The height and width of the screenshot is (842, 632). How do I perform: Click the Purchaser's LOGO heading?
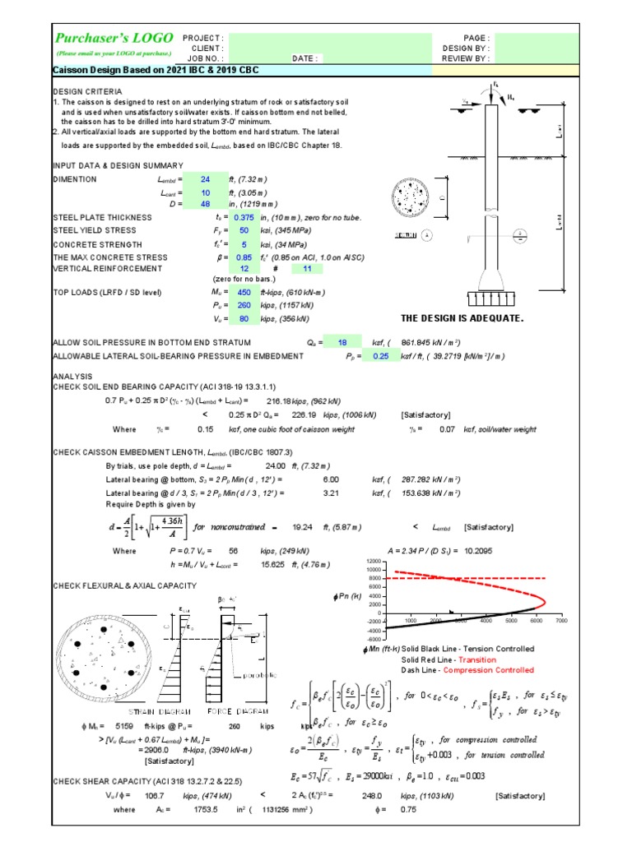coord(114,38)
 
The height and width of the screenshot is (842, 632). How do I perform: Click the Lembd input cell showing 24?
coord(206,178)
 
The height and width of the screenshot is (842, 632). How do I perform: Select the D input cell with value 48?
coord(206,203)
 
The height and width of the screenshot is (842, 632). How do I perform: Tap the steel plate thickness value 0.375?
coord(244,217)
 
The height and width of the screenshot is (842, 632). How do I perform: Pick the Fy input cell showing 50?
coord(244,230)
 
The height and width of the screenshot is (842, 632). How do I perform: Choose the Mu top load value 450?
coord(244,292)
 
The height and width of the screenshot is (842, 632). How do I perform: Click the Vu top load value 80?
coord(244,317)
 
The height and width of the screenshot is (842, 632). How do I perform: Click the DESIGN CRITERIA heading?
coord(87,91)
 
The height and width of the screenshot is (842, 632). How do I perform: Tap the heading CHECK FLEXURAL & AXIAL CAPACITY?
coord(124,585)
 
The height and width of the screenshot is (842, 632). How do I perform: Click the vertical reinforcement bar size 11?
coord(307,268)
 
